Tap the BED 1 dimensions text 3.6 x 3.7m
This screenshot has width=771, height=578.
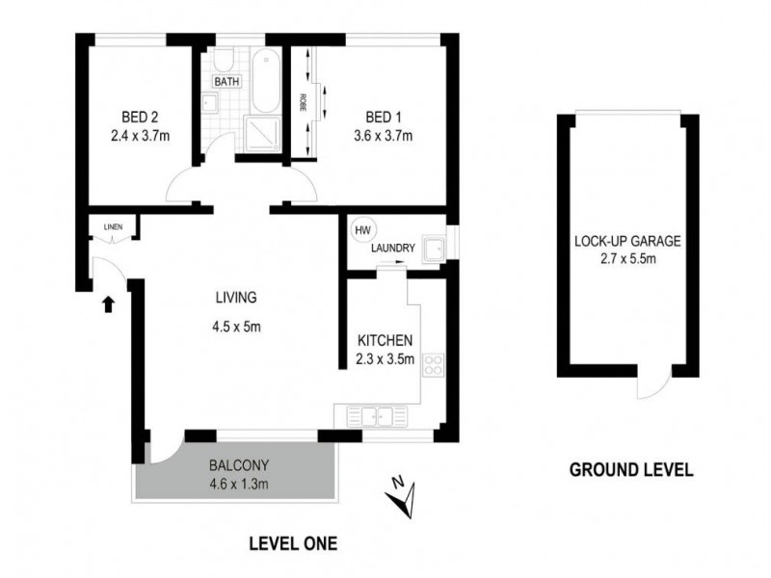pos(383,136)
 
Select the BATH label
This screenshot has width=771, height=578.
pos(226,82)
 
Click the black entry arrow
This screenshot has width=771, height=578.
pos(108,304)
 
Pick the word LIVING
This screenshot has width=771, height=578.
pos(235,297)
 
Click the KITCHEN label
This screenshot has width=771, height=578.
pos(385,340)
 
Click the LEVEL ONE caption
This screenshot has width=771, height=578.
pos(293,544)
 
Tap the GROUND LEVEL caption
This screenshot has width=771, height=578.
pos(631,471)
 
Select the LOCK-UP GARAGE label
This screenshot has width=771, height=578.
pos(627,242)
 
